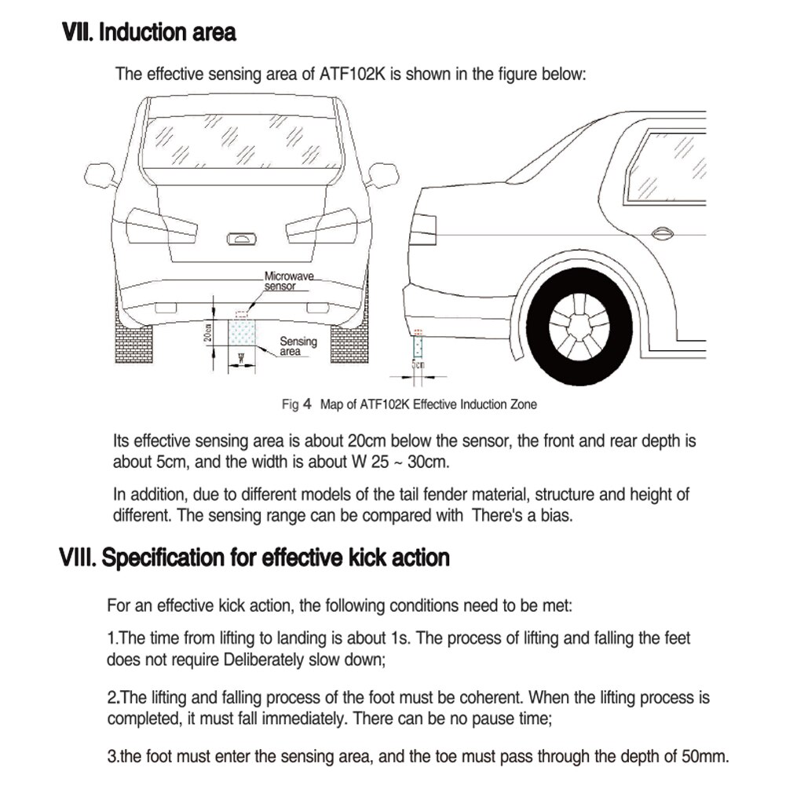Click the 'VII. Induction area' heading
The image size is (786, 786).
pyautogui.click(x=148, y=33)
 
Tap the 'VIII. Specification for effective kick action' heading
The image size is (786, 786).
pyautogui.click(x=255, y=558)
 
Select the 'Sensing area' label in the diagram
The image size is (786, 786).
pyautogui.click(x=298, y=346)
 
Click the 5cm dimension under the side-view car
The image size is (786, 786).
pyautogui.click(x=419, y=364)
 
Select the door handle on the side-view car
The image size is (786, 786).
pyautogui.click(x=662, y=232)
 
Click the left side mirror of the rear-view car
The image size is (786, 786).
pyautogui.click(x=100, y=174)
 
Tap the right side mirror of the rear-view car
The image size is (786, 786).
pyautogui.click(x=382, y=174)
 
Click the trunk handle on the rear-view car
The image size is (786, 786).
pyautogui.click(x=241, y=239)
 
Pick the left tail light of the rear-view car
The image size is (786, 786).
pyautogui.click(x=160, y=226)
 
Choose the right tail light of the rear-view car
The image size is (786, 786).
pyautogui.click(x=322, y=226)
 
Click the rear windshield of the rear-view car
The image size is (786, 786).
pyautogui.click(x=241, y=141)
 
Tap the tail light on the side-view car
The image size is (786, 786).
pyautogui.click(x=422, y=228)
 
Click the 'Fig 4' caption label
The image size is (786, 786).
pyautogui.click(x=297, y=404)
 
